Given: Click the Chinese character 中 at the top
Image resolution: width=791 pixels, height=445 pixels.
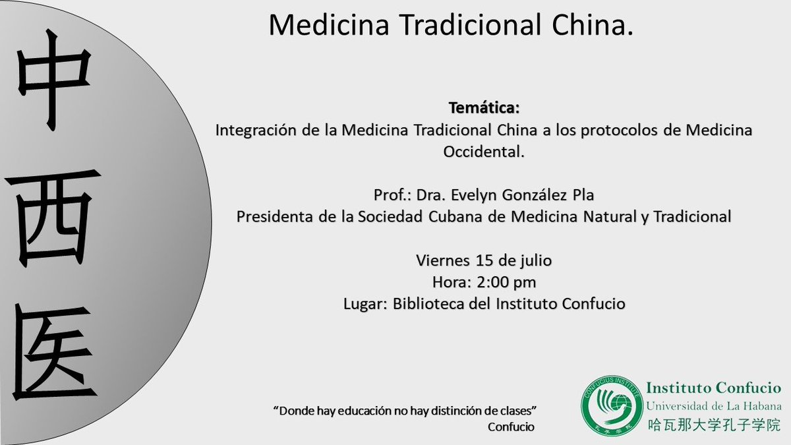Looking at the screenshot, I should (x=53, y=86).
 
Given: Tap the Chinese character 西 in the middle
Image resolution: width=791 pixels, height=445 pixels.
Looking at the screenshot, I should (x=57, y=215).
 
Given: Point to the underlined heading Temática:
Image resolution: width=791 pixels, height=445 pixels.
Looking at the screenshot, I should (x=484, y=107).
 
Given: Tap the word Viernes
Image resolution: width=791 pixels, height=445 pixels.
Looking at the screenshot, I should (x=440, y=260).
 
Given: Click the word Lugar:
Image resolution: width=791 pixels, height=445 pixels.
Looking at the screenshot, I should (x=366, y=304).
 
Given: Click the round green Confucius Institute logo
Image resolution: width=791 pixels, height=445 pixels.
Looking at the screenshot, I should (x=610, y=405).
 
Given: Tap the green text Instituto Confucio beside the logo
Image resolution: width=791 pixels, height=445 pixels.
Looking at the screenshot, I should (x=714, y=389).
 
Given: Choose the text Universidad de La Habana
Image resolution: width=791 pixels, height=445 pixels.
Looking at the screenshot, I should (x=714, y=406).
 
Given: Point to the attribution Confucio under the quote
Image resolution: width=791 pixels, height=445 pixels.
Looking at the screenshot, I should (x=511, y=427).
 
